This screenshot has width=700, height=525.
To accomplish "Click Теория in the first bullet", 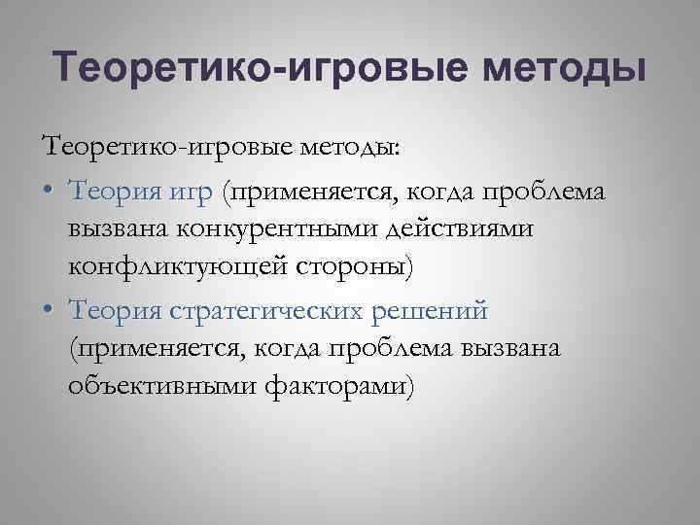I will [x=111, y=191].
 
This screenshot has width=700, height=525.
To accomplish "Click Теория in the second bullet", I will [x=111, y=309].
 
